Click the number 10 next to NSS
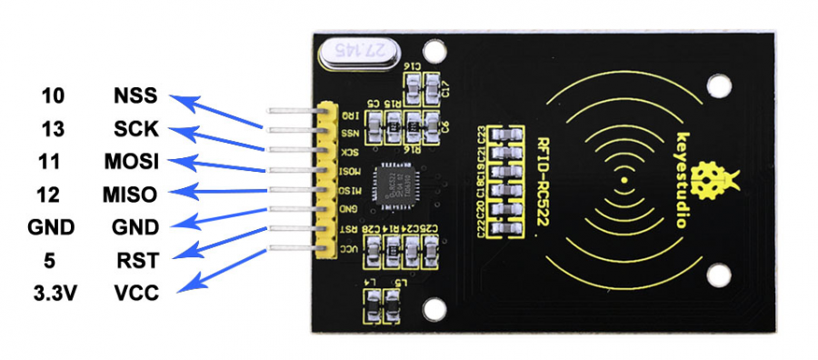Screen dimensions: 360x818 point(54,96)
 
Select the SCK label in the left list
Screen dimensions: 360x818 point(136,128)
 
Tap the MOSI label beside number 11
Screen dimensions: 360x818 point(132,162)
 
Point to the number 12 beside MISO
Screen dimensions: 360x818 point(54,194)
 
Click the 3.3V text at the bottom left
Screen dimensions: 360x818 point(54,293)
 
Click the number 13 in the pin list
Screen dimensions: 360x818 point(54,128)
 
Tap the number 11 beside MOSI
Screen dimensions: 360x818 point(54,162)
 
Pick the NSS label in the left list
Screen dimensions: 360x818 point(136,96)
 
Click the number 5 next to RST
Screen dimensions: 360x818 point(54,261)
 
